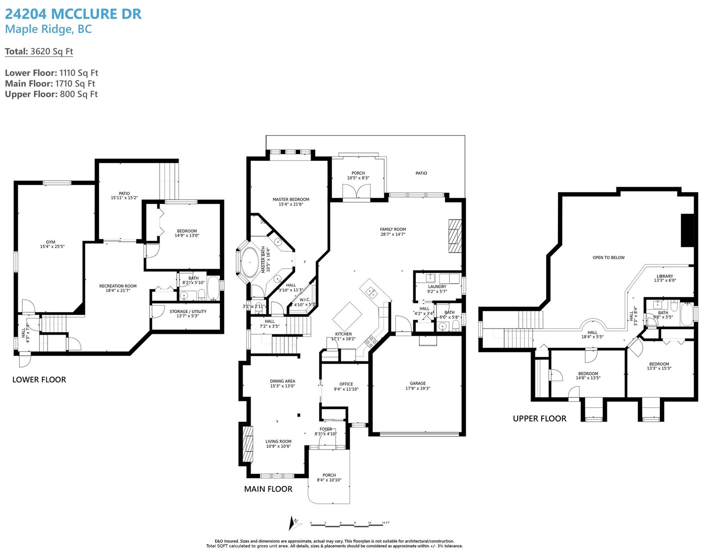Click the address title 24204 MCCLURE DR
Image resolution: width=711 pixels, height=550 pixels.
[x=73, y=14]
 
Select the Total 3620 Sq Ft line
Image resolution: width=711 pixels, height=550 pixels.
[x=39, y=52]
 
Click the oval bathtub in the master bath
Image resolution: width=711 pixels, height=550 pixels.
[x=250, y=263]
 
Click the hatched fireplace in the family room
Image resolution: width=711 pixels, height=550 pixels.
[x=455, y=236]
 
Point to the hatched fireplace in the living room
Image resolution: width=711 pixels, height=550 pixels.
[x=248, y=444]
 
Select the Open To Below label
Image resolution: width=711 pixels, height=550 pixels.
[x=609, y=257]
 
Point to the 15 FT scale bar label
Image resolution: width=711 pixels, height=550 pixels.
[x=386, y=522]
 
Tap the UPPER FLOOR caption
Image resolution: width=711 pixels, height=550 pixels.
[x=539, y=418]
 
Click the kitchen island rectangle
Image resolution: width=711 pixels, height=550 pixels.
[x=347, y=317]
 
